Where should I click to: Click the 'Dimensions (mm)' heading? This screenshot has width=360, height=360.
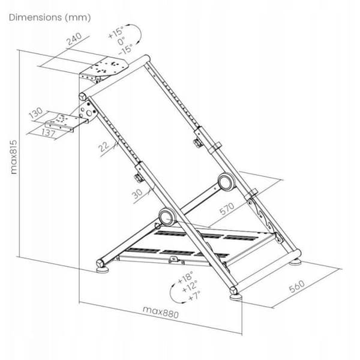50,17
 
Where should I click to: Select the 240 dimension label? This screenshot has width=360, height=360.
74,39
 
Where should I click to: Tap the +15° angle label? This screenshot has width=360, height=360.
116,32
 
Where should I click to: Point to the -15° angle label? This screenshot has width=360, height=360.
125,49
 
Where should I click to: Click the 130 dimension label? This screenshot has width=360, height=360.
36,113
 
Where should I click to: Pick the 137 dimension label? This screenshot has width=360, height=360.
49,133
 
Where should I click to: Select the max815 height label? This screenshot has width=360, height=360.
14,157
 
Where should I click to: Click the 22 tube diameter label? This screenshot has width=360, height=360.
104,146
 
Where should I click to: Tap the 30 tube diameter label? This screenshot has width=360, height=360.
137,194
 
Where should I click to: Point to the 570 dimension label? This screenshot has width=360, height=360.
227,208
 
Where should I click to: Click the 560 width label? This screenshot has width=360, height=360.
297,286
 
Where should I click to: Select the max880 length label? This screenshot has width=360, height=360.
160,312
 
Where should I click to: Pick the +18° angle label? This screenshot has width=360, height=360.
186,278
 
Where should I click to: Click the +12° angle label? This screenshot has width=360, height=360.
190,287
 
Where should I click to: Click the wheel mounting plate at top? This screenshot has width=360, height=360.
104,68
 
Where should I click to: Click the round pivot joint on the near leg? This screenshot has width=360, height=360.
167,217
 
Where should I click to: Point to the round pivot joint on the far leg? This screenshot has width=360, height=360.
226,182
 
